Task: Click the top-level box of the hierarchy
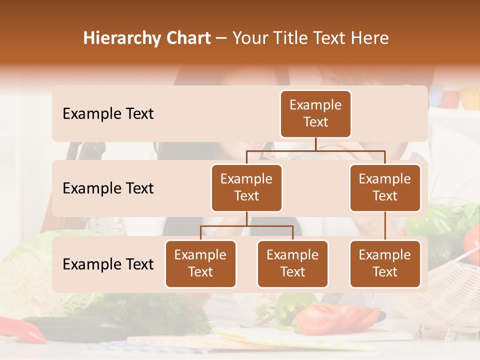(315, 113)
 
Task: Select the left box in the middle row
(246, 187)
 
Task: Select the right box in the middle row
(385, 187)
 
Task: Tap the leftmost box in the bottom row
(200, 263)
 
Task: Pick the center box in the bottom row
(292, 263)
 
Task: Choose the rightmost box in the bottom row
(385, 263)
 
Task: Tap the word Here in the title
(370, 38)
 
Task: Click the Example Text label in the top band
(108, 113)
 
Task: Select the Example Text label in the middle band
(108, 188)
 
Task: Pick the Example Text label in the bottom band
(108, 264)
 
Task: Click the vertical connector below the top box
(315, 144)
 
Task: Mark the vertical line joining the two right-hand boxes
(385, 225)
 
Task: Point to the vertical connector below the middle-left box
(246, 218)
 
